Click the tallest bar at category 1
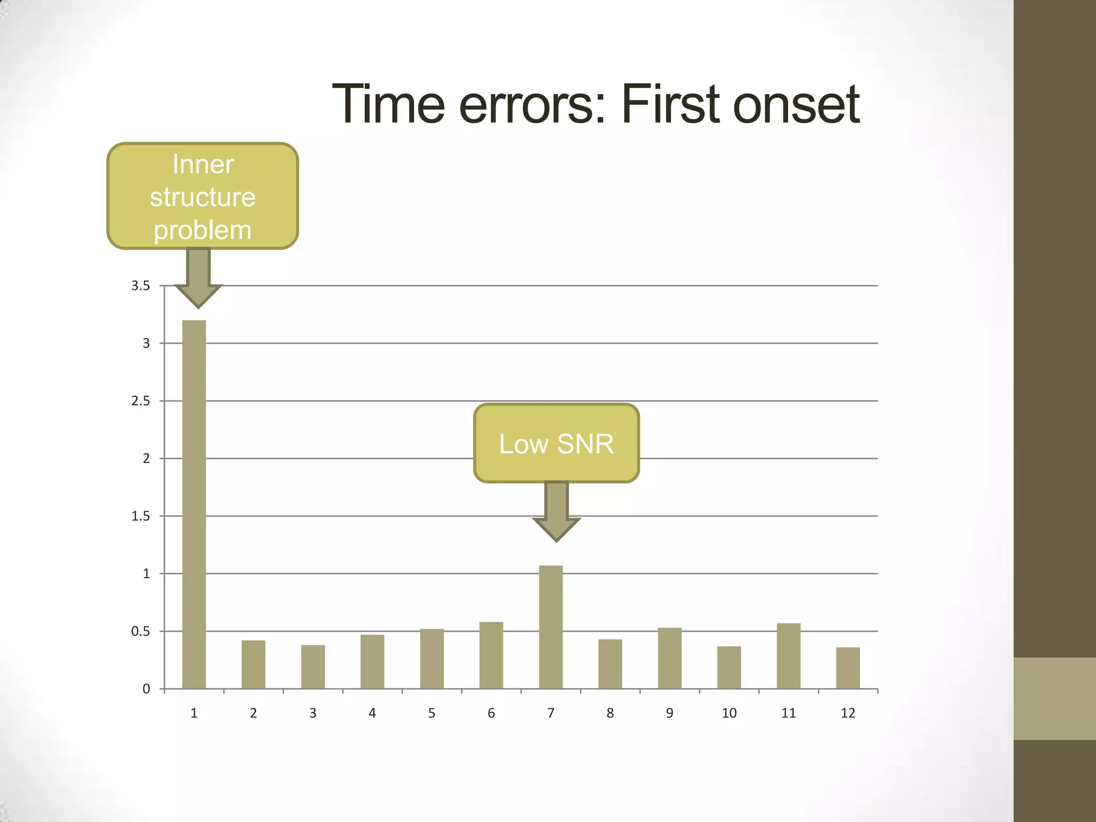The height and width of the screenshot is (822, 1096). pos(194,503)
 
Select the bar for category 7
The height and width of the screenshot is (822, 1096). pos(551,627)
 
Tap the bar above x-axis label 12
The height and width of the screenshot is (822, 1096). pos(848,668)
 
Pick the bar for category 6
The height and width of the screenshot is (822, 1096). pos(491,655)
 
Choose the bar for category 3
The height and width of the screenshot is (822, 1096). pos(313,666)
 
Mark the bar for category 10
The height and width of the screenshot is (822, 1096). pos(729,667)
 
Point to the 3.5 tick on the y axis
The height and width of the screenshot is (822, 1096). pos(140,286)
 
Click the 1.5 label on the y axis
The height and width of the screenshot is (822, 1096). pos(140,516)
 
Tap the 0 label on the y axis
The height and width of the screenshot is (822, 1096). pos(146,689)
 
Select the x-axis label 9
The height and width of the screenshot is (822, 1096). pos(669,713)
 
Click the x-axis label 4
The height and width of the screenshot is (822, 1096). pos(372,713)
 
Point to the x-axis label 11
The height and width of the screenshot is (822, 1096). pos(788,713)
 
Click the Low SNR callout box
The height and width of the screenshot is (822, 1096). pos(556,443)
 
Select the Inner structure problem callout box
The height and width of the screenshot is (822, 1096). pos(202,196)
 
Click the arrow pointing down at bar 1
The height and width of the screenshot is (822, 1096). pos(199,278)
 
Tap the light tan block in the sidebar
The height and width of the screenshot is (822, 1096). pos(1054,698)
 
